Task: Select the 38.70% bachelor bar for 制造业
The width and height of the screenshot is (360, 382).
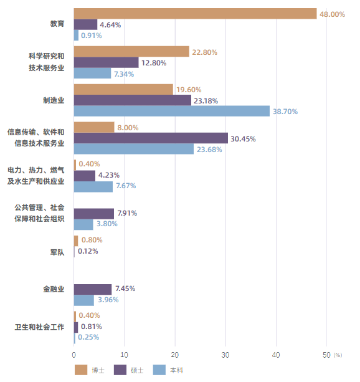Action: tap(172, 111)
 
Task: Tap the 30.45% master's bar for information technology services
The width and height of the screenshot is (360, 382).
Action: tap(151, 138)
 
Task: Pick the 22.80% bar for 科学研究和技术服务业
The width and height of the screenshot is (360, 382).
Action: tap(131, 52)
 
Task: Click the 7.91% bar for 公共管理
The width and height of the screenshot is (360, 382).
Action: tap(93, 213)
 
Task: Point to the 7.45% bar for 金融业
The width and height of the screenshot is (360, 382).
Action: tap(93, 289)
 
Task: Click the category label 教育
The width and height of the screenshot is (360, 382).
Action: tap(57, 24)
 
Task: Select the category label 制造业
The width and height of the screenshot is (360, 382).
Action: tap(54, 100)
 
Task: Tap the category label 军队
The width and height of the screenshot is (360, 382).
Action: tap(57, 252)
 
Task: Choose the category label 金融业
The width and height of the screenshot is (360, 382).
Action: tap(54, 289)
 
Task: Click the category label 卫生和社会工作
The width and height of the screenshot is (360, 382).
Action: tap(40, 327)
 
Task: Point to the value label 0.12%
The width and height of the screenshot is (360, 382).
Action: tap(88, 251)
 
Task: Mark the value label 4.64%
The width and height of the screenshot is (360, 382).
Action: tap(110, 25)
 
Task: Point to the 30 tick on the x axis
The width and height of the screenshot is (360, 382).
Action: tap(225, 355)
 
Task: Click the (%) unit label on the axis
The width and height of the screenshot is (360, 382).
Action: tap(338, 355)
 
